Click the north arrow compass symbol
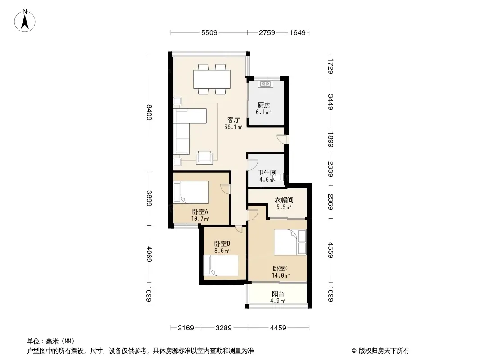pyautogui.click(x=25, y=21)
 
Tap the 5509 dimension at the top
pyautogui.click(x=209, y=32)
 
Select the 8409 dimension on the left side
pyautogui.click(x=149, y=112)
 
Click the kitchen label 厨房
pyautogui.click(x=263, y=105)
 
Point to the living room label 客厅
pyautogui.click(x=233, y=120)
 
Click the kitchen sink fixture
pyautogui.click(x=265, y=84)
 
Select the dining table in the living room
pyautogui.click(x=212, y=79)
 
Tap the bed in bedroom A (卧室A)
pyautogui.click(x=191, y=193)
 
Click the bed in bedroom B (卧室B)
pyautogui.click(x=221, y=266)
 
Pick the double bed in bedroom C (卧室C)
pyautogui.click(x=290, y=242)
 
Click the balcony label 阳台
pyautogui.click(x=278, y=294)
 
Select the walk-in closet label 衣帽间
pyautogui.click(x=284, y=200)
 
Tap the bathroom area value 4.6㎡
pyautogui.click(x=267, y=180)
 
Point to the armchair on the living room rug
pyautogui.click(x=204, y=157)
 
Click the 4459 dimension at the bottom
pyautogui.click(x=278, y=328)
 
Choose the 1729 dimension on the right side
pyautogui.click(x=331, y=66)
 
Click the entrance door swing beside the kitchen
pyautogui.click(x=281, y=139)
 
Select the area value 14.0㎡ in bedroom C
pyautogui.click(x=281, y=275)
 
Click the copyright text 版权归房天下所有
pyautogui.click(x=384, y=351)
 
